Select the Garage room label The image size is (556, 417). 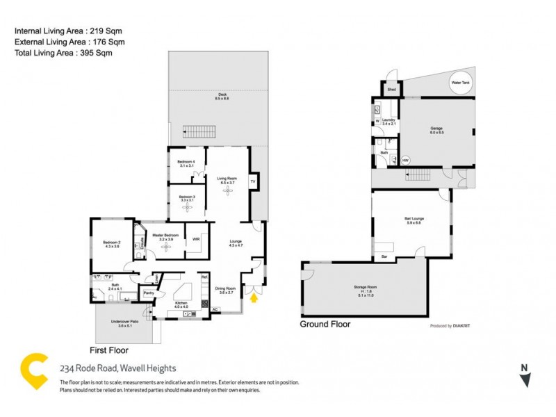pyautogui.click(x=436, y=131)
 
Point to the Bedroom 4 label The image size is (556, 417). pyautogui.click(x=187, y=164)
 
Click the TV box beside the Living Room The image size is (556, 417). pyautogui.click(x=253, y=181)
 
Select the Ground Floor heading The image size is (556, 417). pyautogui.click(x=325, y=324)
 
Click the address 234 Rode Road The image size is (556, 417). pyautogui.click(x=117, y=368)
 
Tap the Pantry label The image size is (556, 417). pyautogui.click(x=147, y=293)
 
